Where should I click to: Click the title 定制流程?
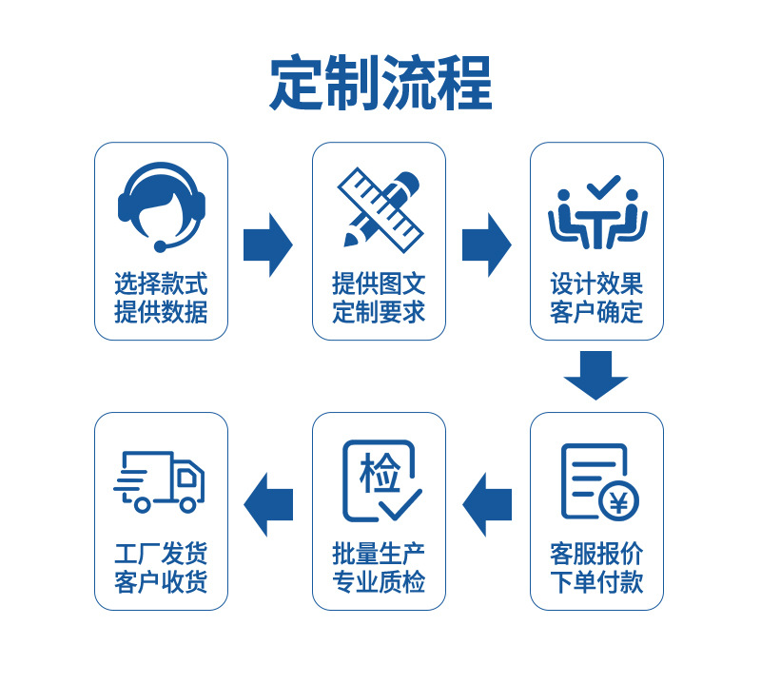pos(380,84)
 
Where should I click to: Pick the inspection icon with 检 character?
pos(380,480)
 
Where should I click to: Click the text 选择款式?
pos(161,283)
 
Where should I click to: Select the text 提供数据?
pos(161,312)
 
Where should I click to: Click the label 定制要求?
pos(379,312)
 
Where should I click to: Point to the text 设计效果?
pos(596,283)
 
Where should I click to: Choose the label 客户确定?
pos(596,312)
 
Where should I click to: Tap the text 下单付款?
pos(596,582)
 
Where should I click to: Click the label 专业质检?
pos(379,582)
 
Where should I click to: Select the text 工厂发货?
pos(161,554)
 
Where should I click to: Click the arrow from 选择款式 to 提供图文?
pos(268,244)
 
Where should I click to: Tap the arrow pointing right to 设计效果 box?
pos(487,244)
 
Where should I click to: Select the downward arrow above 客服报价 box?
pos(596,375)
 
